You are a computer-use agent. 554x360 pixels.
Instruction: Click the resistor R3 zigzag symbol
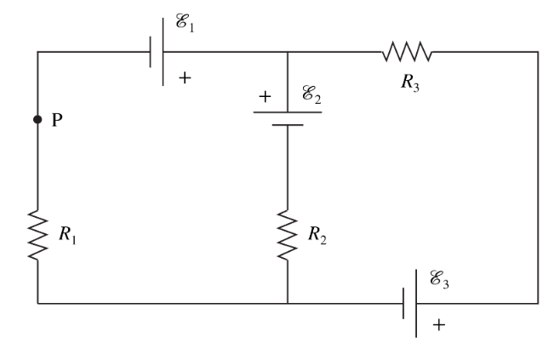[x=407, y=52]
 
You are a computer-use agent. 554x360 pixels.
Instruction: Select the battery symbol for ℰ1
[x=157, y=53]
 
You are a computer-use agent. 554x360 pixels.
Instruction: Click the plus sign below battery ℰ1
[x=184, y=77]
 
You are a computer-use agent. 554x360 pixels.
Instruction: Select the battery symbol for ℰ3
[x=409, y=303]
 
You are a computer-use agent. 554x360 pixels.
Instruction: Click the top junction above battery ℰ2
[x=288, y=52]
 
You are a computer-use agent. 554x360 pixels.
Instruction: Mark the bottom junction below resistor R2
[x=288, y=303]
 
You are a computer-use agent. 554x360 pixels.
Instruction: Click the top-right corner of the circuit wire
[x=538, y=52]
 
